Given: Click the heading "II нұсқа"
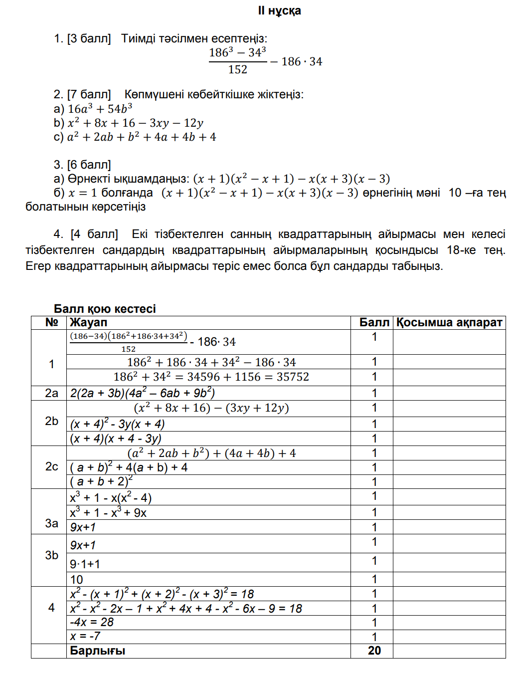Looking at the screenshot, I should click(279, 11).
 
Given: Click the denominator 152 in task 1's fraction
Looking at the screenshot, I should click(238, 70).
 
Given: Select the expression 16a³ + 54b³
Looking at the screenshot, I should click(100, 109).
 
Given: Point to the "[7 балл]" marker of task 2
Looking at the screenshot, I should click(89, 94).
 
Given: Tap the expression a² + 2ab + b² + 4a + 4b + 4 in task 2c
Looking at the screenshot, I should click(142, 137).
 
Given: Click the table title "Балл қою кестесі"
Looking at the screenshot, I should click(105, 309).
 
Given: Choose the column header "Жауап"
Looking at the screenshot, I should click(88, 323).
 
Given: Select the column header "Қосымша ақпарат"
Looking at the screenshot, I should click(449, 323).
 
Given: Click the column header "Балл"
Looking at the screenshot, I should click(374, 323).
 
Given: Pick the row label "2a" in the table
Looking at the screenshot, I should click(51, 393).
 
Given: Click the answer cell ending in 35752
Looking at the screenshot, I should click(211, 377).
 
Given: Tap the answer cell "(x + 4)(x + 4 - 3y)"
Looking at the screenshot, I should click(116, 439).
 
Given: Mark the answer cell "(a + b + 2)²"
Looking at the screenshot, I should click(101, 481).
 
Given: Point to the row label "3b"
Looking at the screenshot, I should click(51, 555).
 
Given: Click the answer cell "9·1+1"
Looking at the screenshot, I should click(85, 564).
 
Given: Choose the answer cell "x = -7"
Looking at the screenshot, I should click(85, 637).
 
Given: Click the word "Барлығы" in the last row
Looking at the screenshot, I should click(97, 651).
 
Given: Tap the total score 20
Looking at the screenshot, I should click(374, 651).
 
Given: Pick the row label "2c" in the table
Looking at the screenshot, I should click(51, 466).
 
